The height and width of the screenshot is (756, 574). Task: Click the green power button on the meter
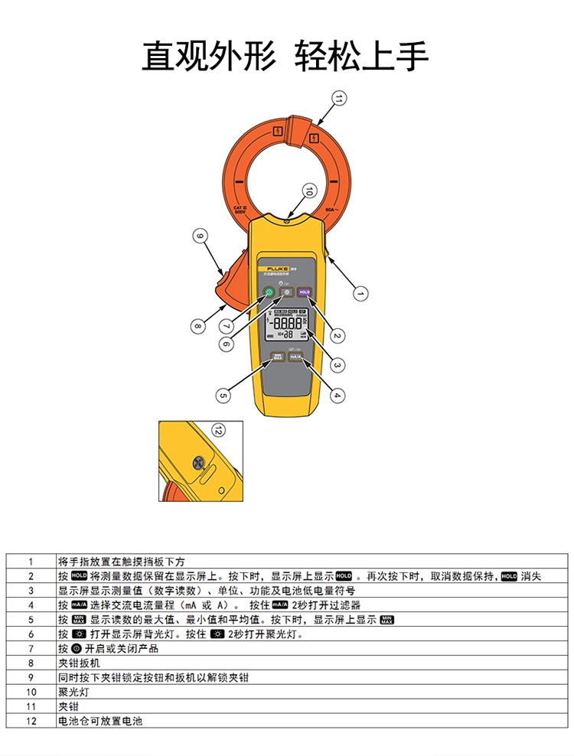click(x=269, y=292)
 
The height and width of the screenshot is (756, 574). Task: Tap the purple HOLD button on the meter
click(x=304, y=292)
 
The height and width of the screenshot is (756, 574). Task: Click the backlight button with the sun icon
click(x=286, y=292)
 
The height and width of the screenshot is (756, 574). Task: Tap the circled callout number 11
click(x=339, y=97)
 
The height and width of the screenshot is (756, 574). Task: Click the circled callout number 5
click(x=223, y=395)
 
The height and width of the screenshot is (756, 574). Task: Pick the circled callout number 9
click(x=200, y=236)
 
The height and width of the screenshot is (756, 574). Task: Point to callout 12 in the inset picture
click(x=219, y=430)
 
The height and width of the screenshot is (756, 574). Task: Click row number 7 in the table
click(x=31, y=648)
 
